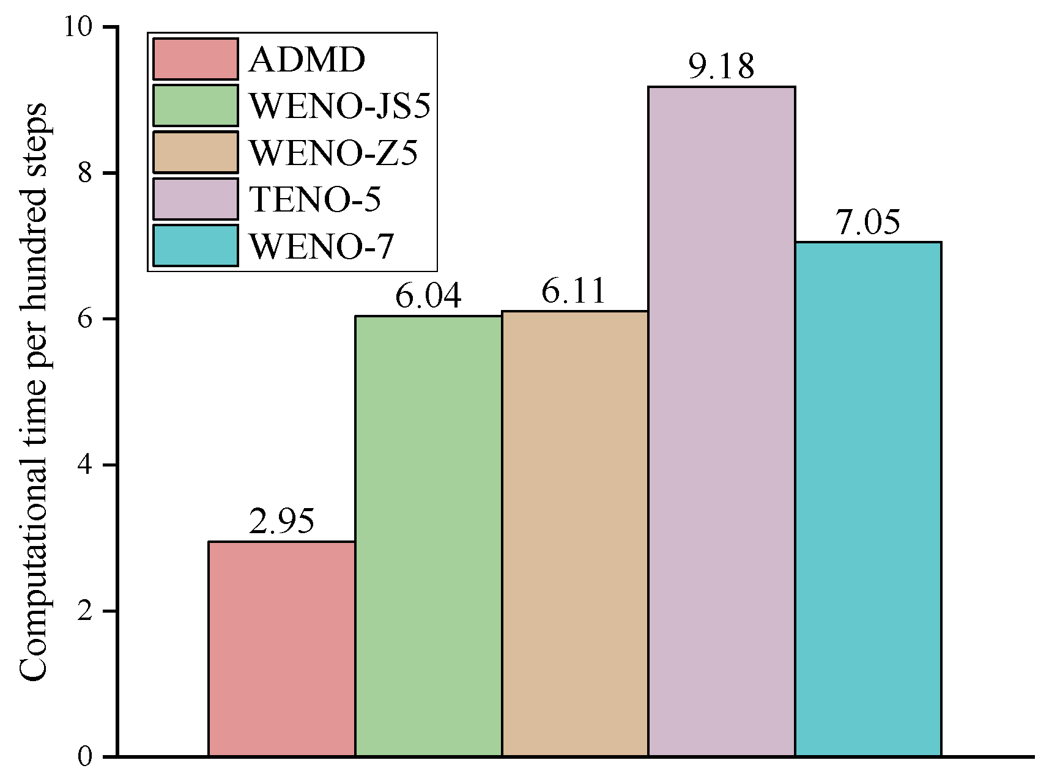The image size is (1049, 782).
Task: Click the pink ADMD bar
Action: [281, 648]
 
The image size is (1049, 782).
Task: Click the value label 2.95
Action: [281, 521]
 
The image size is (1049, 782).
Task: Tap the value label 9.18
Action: [721, 66]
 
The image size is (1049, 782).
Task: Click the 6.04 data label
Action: [428, 296]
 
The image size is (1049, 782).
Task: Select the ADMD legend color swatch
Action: [195, 59]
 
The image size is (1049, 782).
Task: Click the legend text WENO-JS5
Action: [339, 106]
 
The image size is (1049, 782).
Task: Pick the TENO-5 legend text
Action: [315, 199]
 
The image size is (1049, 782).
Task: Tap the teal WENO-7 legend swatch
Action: [195, 245]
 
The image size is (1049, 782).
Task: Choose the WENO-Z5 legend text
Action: [333, 152]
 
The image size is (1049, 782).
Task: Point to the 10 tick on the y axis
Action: [78, 27]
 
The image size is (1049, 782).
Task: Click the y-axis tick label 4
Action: [85, 465]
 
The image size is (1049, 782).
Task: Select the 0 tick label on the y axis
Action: [85, 757]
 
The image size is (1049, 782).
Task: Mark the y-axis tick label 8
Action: [85, 173]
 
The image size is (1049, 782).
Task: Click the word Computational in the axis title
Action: [34, 581]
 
